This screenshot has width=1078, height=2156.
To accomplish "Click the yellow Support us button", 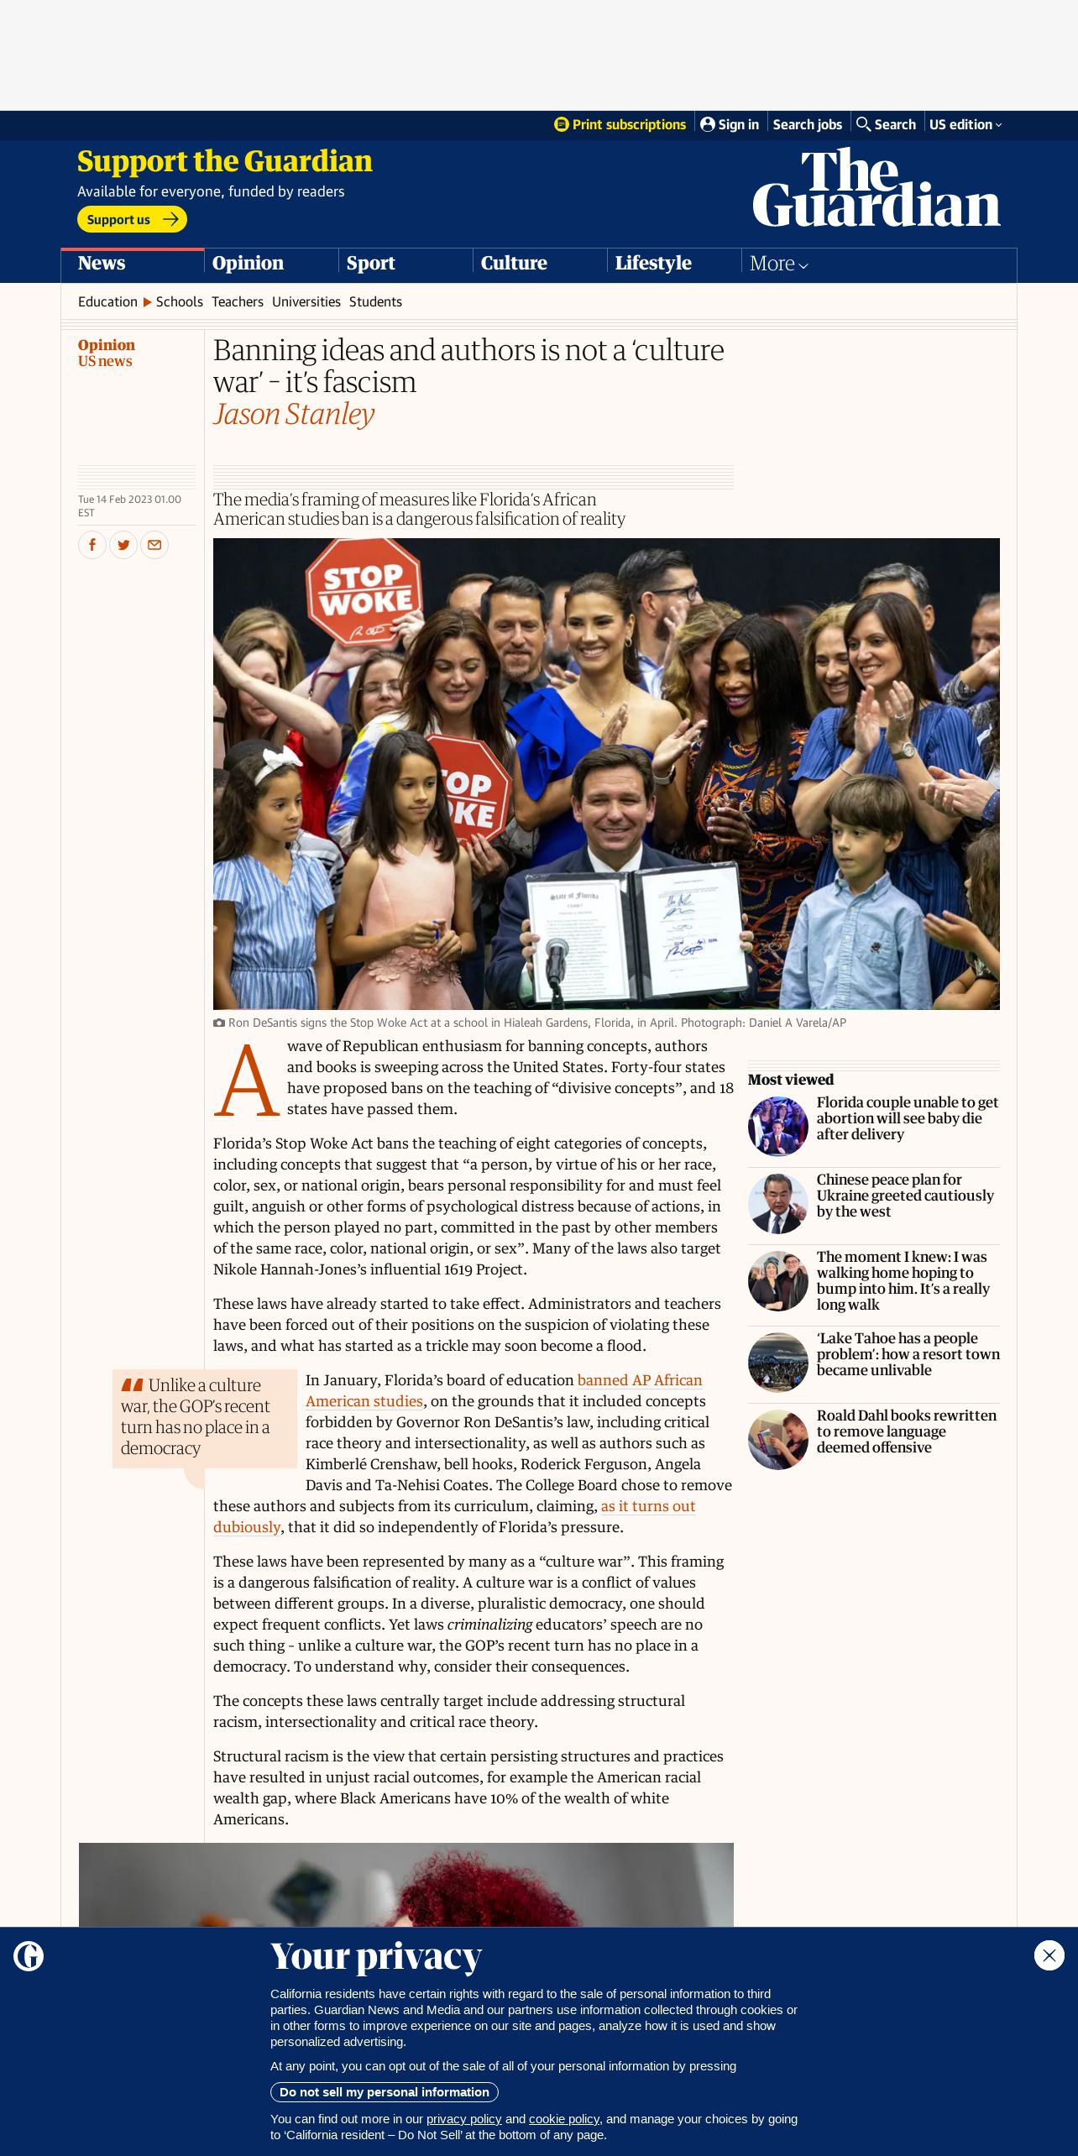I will tap(132, 220).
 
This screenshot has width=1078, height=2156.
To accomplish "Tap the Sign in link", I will tap(730, 124).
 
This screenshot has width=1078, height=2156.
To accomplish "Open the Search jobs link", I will tap(807, 124).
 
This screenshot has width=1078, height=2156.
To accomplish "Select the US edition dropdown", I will tap(965, 124).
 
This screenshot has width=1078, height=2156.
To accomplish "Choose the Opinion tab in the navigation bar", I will tap(248, 263).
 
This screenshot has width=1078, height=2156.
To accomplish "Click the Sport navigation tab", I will tap(370, 263).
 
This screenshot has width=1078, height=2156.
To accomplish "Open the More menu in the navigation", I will tap(778, 264).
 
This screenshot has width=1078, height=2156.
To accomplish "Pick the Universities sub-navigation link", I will tap(306, 301).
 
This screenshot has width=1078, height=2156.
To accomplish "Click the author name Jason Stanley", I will tap(294, 414).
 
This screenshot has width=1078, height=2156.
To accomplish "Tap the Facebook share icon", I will tap(92, 545).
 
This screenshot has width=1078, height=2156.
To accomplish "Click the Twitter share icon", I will tap(123, 545).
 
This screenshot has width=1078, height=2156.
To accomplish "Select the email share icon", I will tap(154, 545).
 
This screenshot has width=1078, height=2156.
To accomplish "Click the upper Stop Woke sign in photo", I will tap(363, 593).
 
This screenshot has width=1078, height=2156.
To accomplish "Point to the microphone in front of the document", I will tap(557, 957).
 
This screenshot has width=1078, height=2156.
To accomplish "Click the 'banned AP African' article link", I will tap(639, 1380).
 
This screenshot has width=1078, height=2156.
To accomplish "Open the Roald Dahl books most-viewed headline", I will tap(907, 1431).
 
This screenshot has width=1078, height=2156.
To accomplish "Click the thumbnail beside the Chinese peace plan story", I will tap(777, 1204).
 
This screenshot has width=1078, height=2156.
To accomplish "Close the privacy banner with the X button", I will tap(1049, 1955).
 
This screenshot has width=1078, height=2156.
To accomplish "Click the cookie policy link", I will tap(563, 2119).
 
